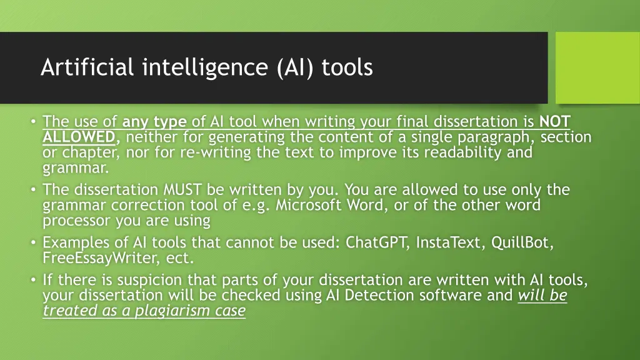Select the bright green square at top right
point(597,67)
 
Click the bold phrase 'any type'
point(154,121)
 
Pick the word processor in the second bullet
point(76,221)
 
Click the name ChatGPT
point(374,242)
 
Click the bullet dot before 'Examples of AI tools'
point(32,243)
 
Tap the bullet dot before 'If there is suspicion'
point(32,280)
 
